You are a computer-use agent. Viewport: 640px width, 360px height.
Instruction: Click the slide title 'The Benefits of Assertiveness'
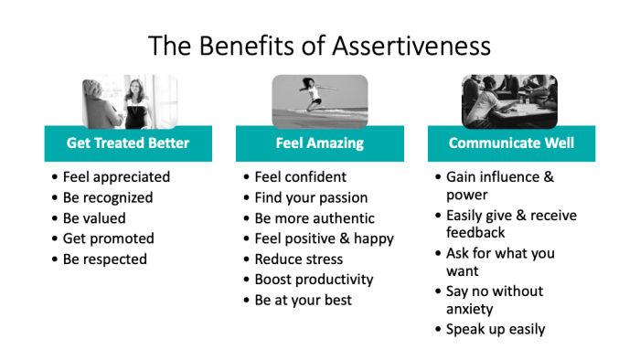tap(320, 45)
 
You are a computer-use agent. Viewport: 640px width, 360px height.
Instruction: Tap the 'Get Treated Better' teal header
tap(128, 143)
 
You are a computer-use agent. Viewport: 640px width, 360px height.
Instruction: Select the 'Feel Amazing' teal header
tap(320, 143)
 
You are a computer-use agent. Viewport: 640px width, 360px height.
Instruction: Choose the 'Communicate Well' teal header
tap(511, 143)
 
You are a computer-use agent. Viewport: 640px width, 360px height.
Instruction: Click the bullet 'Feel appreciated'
tap(116, 177)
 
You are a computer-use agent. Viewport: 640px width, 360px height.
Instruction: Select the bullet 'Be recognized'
tap(108, 197)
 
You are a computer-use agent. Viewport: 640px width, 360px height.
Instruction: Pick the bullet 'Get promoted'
tap(108, 238)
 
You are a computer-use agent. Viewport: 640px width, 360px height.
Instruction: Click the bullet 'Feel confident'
tap(301, 177)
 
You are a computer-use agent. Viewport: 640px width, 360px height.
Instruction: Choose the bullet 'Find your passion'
tap(312, 197)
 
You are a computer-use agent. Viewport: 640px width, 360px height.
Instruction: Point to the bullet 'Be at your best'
tap(304, 300)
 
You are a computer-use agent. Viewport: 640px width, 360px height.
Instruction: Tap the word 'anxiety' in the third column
tap(470, 309)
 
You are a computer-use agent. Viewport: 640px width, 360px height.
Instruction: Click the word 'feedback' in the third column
tap(475, 232)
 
